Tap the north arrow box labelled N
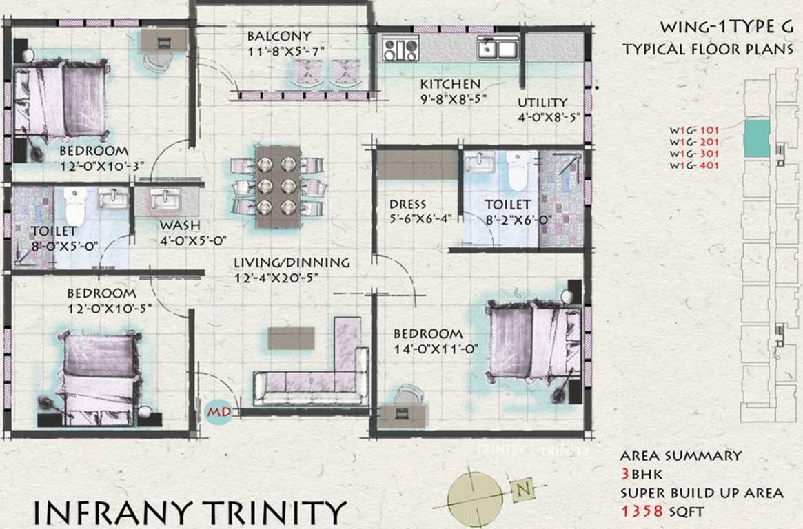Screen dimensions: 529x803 [523, 490]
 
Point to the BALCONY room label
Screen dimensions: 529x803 [279, 36]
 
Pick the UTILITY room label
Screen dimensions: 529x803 [543, 103]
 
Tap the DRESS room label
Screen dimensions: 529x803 [407, 205]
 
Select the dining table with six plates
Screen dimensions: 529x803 [277, 186]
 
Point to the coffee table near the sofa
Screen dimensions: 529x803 [291, 338]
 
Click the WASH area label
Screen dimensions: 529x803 [180, 226]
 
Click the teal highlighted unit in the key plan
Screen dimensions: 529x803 [756, 138]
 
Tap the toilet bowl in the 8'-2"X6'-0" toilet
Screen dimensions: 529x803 [516, 169]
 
